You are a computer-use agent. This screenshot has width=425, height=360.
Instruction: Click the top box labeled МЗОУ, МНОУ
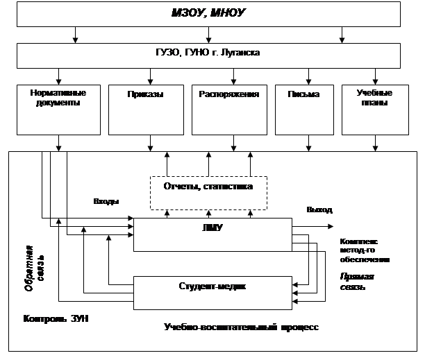208,13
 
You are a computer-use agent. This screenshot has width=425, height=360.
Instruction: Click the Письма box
304,109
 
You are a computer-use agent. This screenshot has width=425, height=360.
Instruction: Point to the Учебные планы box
375,109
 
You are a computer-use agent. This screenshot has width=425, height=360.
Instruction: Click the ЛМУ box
212,234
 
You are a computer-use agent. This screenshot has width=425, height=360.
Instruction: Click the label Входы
106,202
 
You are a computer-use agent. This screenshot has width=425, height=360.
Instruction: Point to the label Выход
319,209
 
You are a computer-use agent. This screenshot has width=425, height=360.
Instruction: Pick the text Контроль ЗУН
56,319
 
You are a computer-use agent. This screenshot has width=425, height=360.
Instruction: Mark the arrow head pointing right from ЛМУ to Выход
331,226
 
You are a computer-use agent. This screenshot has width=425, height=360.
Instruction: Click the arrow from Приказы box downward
150,144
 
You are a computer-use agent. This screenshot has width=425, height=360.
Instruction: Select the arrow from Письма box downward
308,144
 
